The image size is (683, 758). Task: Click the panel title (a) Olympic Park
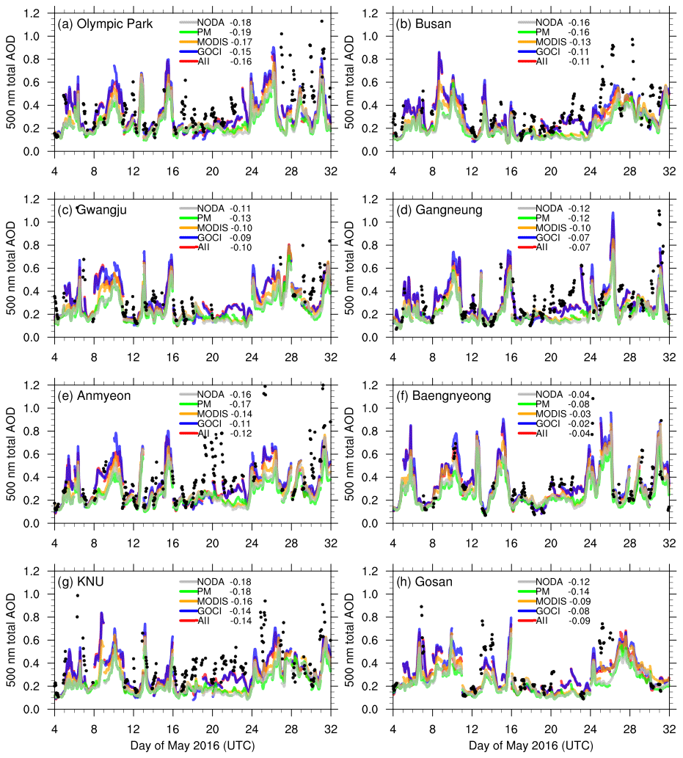pos(105,23)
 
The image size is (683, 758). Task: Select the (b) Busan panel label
pos(423,23)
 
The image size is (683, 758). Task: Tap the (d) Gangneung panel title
pos(439,210)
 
